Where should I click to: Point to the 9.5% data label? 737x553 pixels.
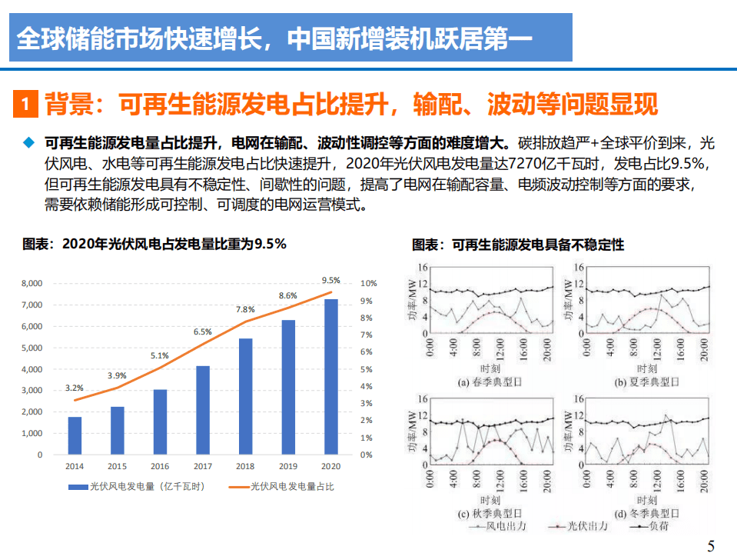coord(330,280)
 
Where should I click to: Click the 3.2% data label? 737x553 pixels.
coord(75,388)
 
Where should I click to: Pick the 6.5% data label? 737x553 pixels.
coord(203,331)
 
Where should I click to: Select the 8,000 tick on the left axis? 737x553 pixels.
coord(32,284)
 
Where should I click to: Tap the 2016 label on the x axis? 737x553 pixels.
coord(160,467)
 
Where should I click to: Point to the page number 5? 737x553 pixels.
coord(711,546)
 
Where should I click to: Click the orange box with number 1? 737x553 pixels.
coord(26,103)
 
